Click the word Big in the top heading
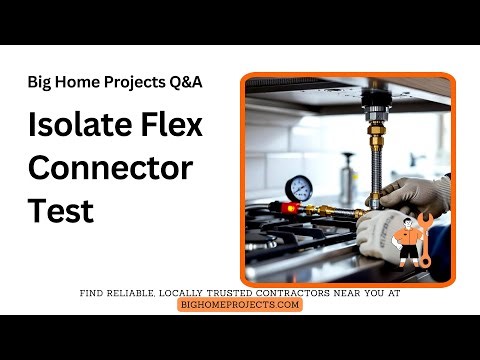[x=41, y=83]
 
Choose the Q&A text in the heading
[x=185, y=83]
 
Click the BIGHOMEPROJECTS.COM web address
[x=240, y=304]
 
